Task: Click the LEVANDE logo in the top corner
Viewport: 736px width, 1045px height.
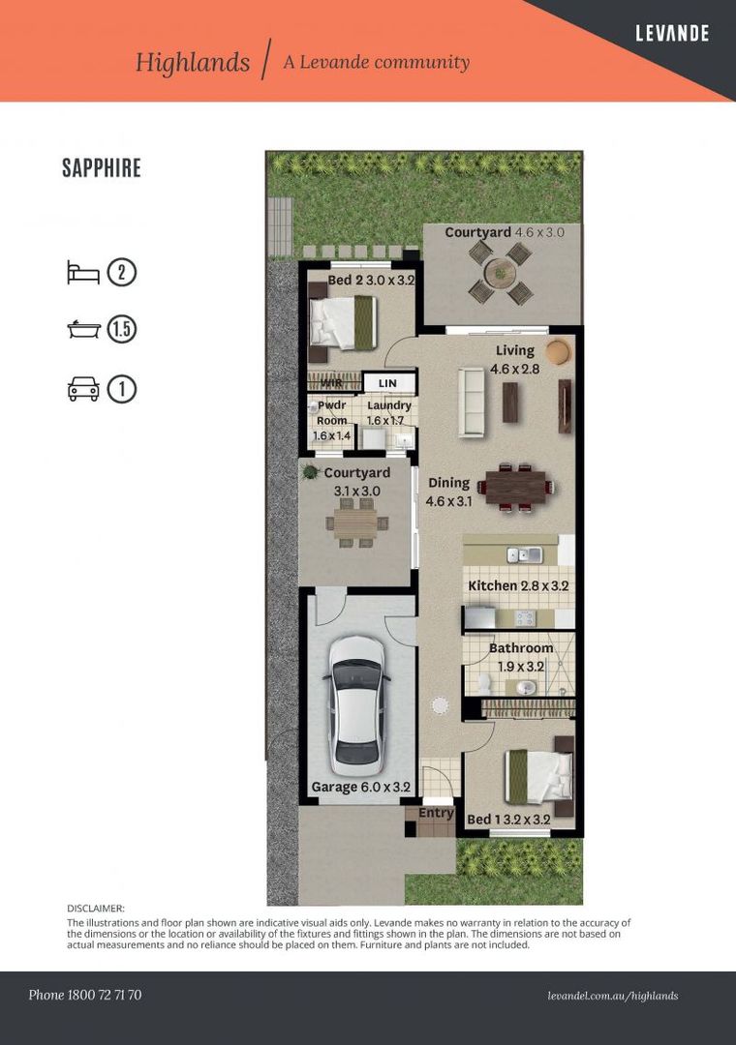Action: point(672,34)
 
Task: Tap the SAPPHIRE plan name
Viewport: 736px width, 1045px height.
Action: point(102,167)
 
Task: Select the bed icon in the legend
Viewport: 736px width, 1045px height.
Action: point(83,272)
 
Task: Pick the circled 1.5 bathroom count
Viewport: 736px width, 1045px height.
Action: point(122,330)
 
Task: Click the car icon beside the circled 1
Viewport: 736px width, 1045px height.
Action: point(83,389)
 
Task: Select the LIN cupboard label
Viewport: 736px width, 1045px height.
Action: point(387,384)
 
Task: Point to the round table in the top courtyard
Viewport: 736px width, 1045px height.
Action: point(501,274)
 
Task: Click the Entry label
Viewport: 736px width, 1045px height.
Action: point(436,813)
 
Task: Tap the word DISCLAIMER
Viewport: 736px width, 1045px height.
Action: point(96,909)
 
